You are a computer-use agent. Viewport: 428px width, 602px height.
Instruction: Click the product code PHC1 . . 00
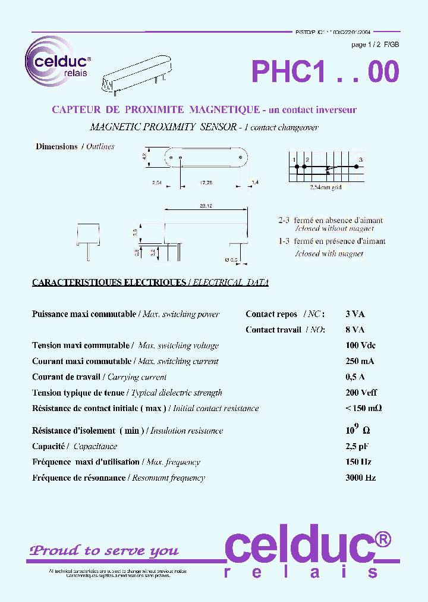pyautogui.click(x=325, y=72)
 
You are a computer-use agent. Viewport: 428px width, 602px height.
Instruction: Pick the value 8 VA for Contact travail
pyautogui.click(x=355, y=330)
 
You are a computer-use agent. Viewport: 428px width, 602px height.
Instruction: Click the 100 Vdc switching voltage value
pyautogui.click(x=360, y=346)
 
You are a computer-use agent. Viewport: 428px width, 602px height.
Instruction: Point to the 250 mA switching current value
pyautogui.click(x=360, y=361)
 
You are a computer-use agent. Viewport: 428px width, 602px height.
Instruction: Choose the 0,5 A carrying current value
pyautogui.click(x=355, y=377)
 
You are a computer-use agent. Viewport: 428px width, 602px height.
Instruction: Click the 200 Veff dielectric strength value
pyautogui.click(x=361, y=393)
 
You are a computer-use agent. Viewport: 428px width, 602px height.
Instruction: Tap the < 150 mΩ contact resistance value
pyautogui.click(x=363, y=408)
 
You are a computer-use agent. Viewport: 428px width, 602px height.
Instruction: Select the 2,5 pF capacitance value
pyautogui.click(x=357, y=446)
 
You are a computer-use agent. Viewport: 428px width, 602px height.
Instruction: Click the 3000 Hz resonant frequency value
pyautogui.click(x=360, y=478)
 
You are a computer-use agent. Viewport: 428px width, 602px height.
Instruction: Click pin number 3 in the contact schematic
pyautogui.click(x=360, y=160)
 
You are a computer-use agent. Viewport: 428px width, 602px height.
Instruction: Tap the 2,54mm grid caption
pyautogui.click(x=326, y=187)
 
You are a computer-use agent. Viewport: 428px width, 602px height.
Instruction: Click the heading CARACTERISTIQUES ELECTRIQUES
pyautogui.click(x=109, y=283)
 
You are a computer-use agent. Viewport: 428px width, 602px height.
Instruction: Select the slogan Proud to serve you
pyautogui.click(x=104, y=551)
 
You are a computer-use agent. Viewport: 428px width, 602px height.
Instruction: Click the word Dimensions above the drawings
pyautogui.click(x=56, y=146)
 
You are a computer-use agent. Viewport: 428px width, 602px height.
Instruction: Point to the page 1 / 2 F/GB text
pyautogui.click(x=375, y=45)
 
